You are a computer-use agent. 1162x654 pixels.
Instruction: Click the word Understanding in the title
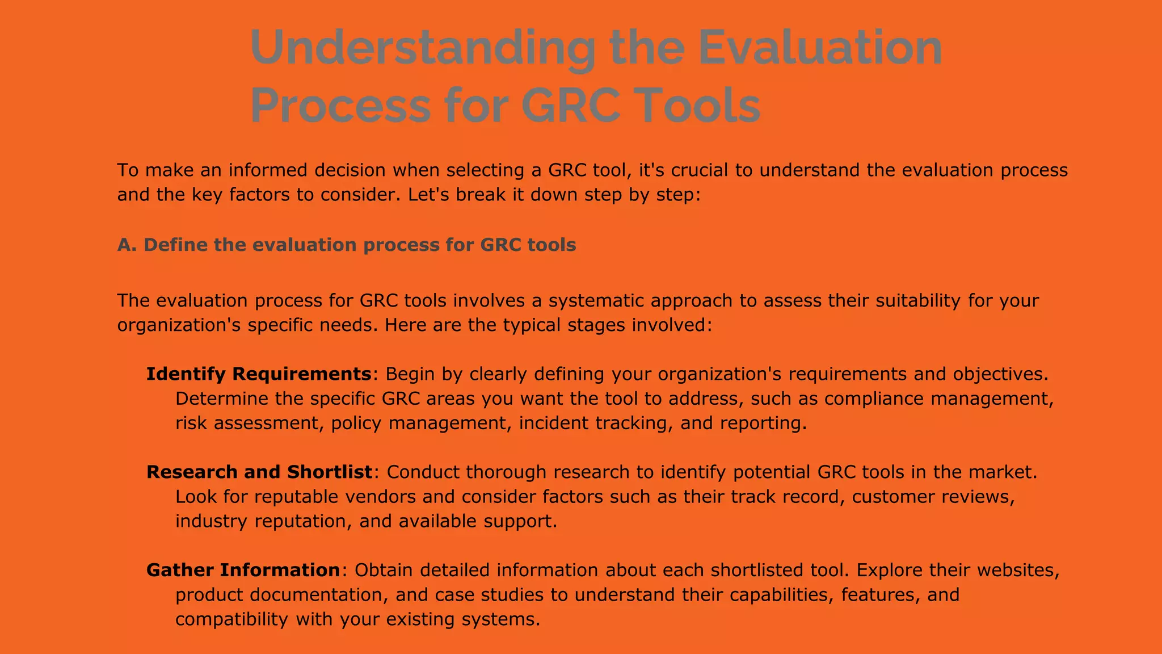click(423, 48)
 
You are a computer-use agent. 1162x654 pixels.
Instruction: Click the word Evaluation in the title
click(820, 48)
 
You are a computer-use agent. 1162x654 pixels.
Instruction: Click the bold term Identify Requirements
click(259, 374)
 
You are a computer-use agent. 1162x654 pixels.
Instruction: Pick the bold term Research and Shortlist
click(259, 472)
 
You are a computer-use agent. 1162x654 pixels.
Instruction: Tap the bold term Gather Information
click(243, 570)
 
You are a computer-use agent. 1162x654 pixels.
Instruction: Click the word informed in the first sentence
click(267, 170)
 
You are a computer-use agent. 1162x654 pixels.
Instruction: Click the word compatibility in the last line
click(231, 619)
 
